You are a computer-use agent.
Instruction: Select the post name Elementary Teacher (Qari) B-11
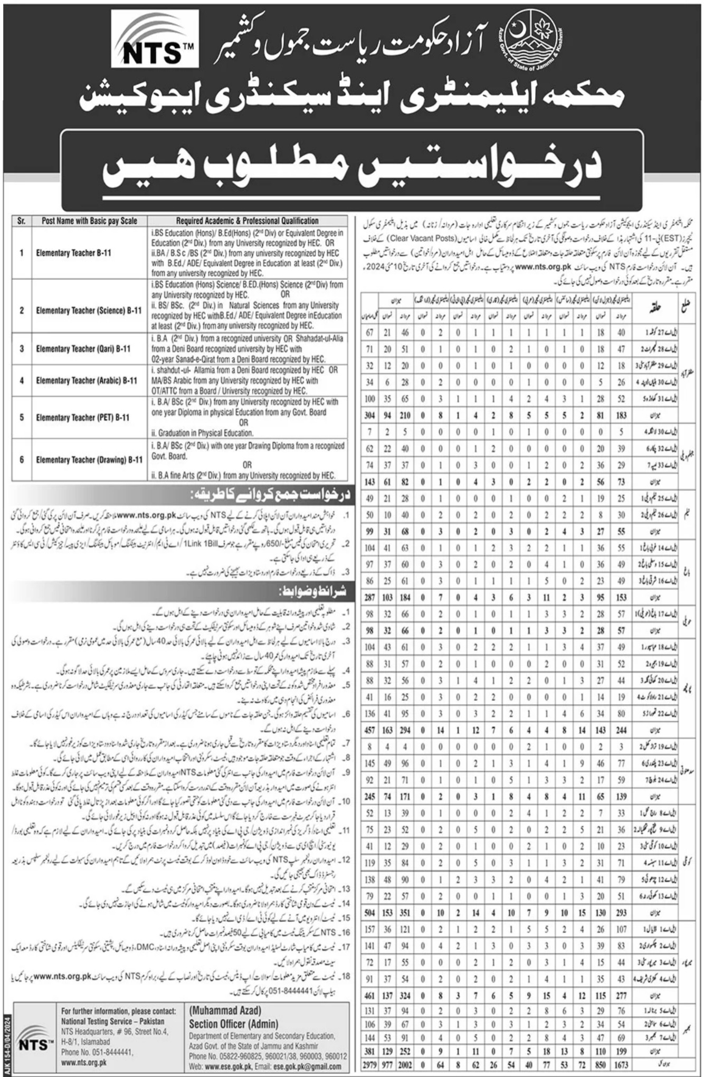click(83, 349)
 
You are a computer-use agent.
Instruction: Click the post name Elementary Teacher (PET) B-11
click(83, 418)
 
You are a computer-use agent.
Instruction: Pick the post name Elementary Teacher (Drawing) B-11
click(89, 460)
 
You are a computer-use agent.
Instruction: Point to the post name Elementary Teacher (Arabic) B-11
click(87, 381)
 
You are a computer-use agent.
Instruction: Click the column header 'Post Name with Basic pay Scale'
click(89, 221)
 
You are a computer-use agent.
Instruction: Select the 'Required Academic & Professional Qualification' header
click(248, 221)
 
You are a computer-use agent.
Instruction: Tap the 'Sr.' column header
click(22, 221)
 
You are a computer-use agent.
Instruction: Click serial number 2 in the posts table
click(22, 310)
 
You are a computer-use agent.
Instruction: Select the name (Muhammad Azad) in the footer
click(225, 1010)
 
